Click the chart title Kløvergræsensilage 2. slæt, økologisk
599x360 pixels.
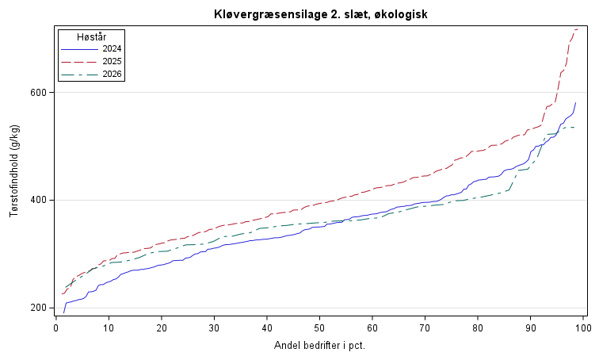pyautogui.click(x=321, y=14)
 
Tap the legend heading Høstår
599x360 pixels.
pyautogui.click(x=92, y=37)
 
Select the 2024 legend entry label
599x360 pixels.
pyautogui.click(x=112, y=49)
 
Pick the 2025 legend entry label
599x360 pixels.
pyautogui.click(x=112, y=62)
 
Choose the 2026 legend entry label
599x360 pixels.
pyautogui.click(x=112, y=74)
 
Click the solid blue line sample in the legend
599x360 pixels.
pyautogui.click(x=79, y=49)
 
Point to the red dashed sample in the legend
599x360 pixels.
pyautogui.click(x=79, y=62)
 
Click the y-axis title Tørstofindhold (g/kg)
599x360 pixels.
pyautogui.click(x=14, y=170)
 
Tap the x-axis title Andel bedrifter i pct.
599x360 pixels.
pyautogui.click(x=320, y=346)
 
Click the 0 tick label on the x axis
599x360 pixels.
pyautogui.click(x=56, y=328)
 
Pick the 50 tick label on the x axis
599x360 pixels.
pyautogui.click(x=319, y=328)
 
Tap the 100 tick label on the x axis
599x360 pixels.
pyautogui.click(x=583, y=328)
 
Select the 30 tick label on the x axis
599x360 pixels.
pyautogui.click(x=214, y=328)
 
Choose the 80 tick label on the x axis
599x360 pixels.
pyautogui.click(x=478, y=328)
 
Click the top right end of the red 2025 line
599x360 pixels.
pyautogui.click(x=577, y=29)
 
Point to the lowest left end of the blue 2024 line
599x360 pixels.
pyautogui.click(x=64, y=313)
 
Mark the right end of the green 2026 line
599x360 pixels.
pyautogui.click(x=574, y=127)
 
